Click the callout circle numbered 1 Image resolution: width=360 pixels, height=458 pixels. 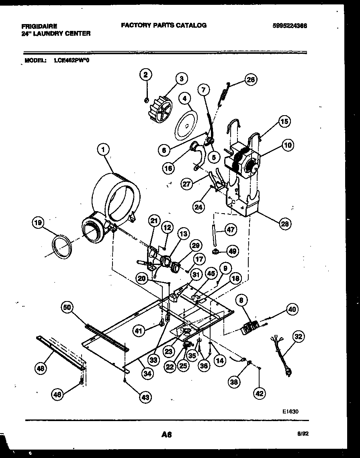pyautogui.click(x=103, y=150)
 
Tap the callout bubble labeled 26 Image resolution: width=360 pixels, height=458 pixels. pyautogui.click(x=251, y=80)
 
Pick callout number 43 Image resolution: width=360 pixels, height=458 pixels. pyautogui.click(x=145, y=397)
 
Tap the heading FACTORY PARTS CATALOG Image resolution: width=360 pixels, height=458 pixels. pyautogui.click(x=164, y=25)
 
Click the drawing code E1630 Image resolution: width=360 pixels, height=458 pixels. pyautogui.click(x=290, y=411)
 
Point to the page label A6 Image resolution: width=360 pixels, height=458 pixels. pyautogui.click(x=167, y=434)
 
